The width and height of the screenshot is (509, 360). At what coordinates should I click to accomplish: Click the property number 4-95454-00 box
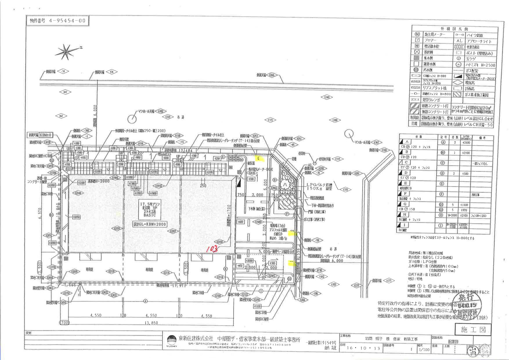click(x=58, y=21)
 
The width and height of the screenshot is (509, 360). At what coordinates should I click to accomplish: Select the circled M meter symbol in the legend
click(x=418, y=34)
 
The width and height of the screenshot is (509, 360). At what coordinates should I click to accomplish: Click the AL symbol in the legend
click(x=459, y=41)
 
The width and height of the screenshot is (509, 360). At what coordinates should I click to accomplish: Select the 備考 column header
click(x=482, y=138)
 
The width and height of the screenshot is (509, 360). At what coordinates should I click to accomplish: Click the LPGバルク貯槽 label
click(x=322, y=185)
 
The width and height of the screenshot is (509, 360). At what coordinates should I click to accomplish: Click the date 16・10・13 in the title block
click(x=364, y=348)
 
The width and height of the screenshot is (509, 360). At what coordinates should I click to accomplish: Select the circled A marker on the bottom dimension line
click(x=145, y=301)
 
